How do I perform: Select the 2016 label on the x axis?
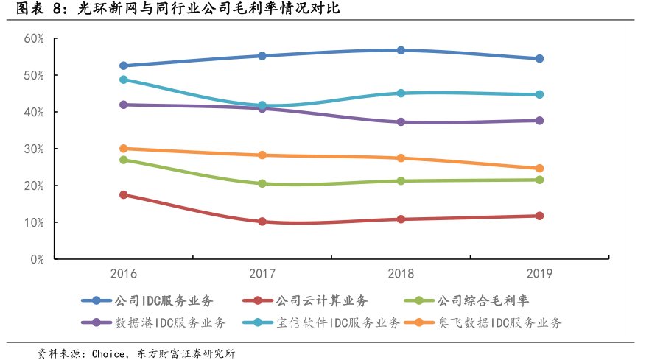(x=123, y=274)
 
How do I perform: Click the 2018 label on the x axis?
(x=401, y=274)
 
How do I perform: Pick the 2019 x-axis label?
(x=539, y=274)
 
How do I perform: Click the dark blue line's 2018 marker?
(x=401, y=50)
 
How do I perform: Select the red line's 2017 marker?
(x=262, y=222)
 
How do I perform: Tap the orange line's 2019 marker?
(x=539, y=169)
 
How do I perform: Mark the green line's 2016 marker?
(x=124, y=160)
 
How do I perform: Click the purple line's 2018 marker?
(x=401, y=122)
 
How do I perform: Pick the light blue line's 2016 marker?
(x=124, y=80)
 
